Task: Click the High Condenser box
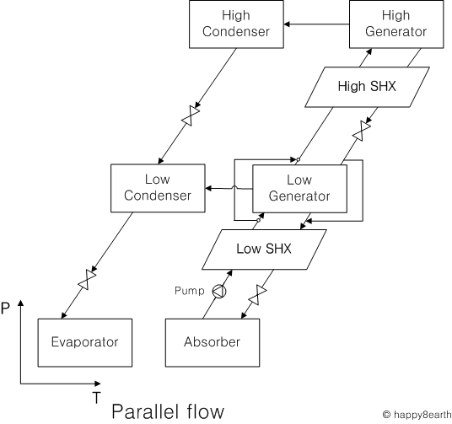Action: coord(236,24)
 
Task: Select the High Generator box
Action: coord(396,24)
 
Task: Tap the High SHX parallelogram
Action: coord(368,87)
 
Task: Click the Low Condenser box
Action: coord(158,188)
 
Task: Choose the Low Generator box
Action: coord(300,189)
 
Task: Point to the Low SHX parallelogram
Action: coord(264,250)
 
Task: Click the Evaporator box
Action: coord(85,343)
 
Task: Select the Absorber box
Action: coord(213,343)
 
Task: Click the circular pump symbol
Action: coord(219,291)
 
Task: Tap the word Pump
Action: coord(190,291)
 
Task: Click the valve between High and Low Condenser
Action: coord(191,115)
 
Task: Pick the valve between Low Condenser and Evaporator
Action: coord(87,279)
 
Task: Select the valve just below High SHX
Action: coord(362,131)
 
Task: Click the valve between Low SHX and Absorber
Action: coord(257,295)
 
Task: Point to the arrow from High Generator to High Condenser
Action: coord(316,24)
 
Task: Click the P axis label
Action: coord(5,309)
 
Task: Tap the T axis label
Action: coord(97,398)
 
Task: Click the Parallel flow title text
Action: coord(168,411)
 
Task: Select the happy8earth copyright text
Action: coord(417,415)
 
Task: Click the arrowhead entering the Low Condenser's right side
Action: coord(208,189)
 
